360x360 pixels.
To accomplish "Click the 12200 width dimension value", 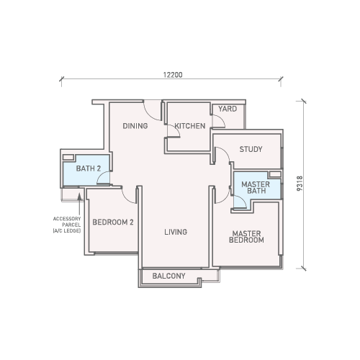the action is click(x=173, y=75).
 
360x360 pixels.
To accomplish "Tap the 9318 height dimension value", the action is click(x=300, y=184).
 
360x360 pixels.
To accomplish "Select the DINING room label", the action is click(x=135, y=126).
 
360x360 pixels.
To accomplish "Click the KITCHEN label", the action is click(x=190, y=126).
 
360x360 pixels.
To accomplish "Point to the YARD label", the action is click(x=228, y=109).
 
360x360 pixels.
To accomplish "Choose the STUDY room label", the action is click(x=251, y=149).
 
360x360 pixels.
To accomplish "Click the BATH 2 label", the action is click(x=89, y=168).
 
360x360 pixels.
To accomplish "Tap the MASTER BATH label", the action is click(x=256, y=188).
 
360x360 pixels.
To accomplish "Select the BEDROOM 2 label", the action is click(x=113, y=222).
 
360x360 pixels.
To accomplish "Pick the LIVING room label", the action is click(x=176, y=232).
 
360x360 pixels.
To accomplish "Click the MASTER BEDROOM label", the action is click(x=246, y=237).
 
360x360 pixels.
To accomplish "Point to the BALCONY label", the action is click(x=168, y=276).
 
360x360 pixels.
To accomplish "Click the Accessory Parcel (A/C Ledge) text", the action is click(x=67, y=225).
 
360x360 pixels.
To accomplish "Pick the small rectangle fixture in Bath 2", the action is click(x=68, y=158).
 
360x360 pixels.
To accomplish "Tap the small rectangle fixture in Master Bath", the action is click(x=275, y=174).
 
